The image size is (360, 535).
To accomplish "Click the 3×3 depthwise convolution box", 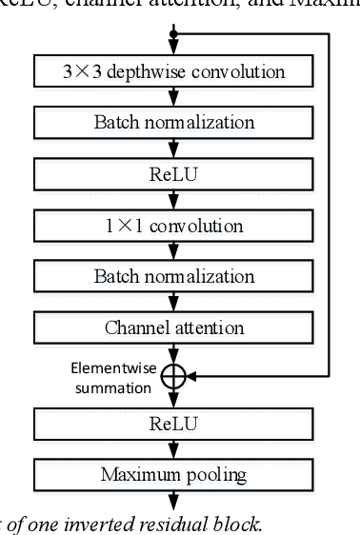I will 172,71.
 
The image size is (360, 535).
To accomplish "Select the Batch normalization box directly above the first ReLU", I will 172,123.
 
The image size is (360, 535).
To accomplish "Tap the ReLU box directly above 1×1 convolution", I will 172,174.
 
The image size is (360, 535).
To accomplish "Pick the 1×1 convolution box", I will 172,226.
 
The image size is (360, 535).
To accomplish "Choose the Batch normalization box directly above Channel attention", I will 172,277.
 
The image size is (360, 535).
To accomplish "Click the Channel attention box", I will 172,328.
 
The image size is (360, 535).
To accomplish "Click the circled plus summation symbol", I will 172,376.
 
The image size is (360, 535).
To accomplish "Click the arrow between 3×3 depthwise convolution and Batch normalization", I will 172,97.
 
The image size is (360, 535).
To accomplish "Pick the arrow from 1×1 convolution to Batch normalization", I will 172,251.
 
